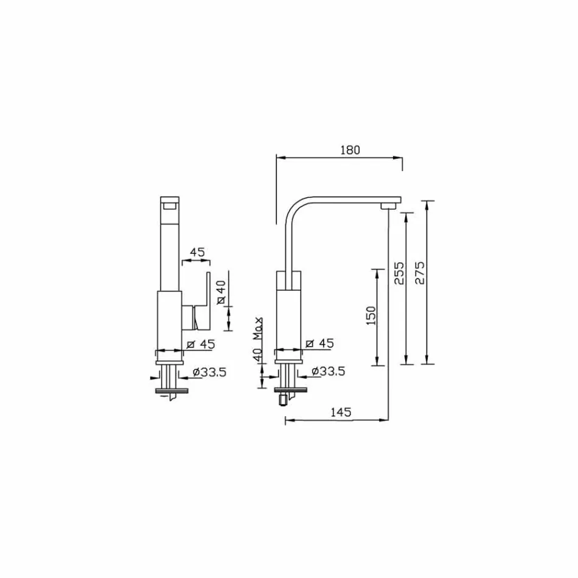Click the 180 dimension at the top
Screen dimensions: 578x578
pos(350,150)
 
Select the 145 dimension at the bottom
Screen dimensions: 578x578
pos(341,412)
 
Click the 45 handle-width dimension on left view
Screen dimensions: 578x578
pos(197,251)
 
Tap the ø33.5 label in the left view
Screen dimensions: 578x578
pos(209,371)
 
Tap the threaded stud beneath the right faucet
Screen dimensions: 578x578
pos(282,400)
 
